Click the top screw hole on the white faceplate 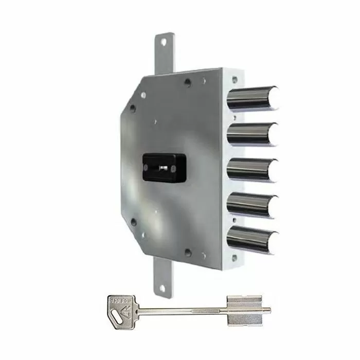tap(235, 80)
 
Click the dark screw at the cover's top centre tap(188, 82)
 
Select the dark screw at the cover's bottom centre tap(188, 253)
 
